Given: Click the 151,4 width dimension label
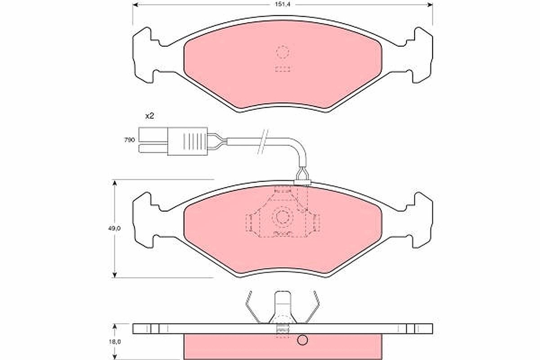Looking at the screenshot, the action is tap(283, 4).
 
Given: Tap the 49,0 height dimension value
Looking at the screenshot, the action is tap(114, 228).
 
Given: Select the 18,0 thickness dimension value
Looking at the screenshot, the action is tap(114, 342).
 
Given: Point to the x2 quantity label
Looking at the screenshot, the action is tap(149, 116).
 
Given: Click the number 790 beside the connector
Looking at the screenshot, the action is tap(130, 140).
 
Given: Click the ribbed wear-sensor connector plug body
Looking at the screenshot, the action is tap(188, 141).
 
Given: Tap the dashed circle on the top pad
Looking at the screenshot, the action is tap(283, 52).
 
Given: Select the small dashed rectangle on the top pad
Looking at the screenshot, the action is tap(283, 69).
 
